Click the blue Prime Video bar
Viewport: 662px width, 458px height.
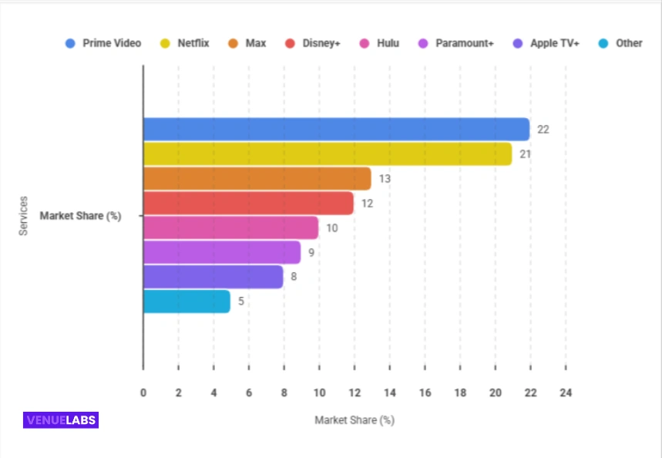point(336,130)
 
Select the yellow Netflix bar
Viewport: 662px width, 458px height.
point(328,154)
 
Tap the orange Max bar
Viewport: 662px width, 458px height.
point(257,179)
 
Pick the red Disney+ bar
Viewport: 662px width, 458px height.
point(248,204)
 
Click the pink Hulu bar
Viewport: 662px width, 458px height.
point(230,228)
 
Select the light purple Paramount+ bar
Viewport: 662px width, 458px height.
point(222,252)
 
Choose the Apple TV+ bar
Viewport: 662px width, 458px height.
point(213,277)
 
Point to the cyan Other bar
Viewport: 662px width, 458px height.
point(187,301)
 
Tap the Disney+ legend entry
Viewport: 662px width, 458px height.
point(313,43)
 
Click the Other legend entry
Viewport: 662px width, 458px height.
point(620,43)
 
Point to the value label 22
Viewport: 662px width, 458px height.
point(543,130)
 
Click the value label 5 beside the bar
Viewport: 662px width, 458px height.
point(241,301)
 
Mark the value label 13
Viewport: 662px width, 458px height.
point(385,179)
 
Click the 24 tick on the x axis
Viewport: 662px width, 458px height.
point(566,393)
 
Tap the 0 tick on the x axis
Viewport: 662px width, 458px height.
point(143,393)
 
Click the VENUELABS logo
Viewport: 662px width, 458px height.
point(61,420)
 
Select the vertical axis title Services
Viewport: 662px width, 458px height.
point(23,217)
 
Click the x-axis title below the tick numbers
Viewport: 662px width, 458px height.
point(354,421)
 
